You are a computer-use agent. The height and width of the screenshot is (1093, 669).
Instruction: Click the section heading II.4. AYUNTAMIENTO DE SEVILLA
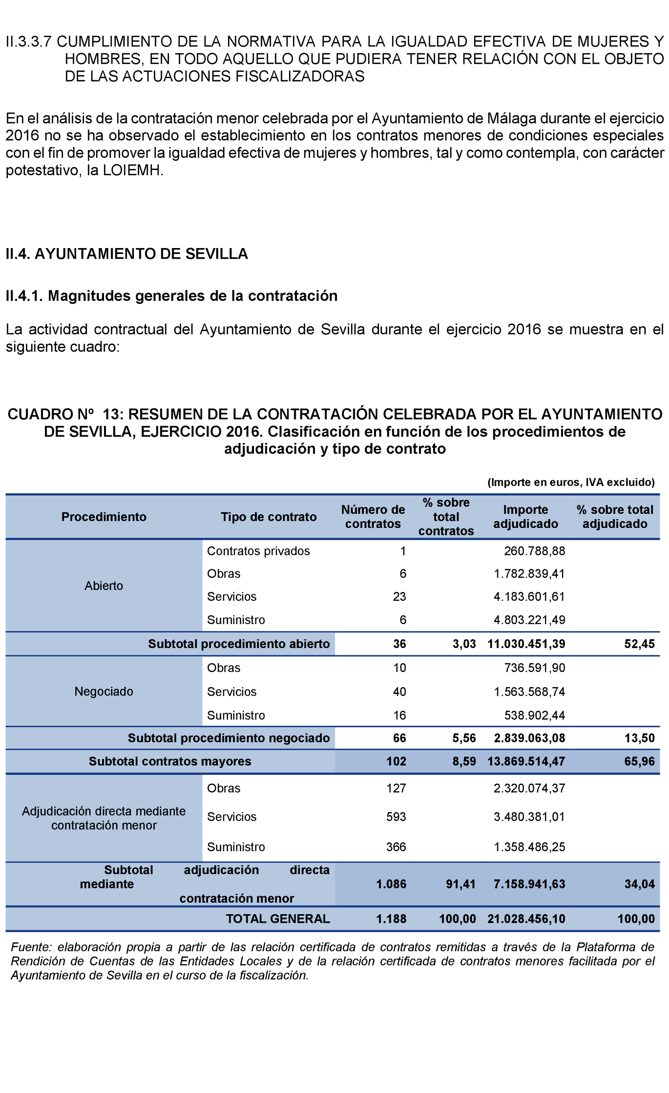pos(126,254)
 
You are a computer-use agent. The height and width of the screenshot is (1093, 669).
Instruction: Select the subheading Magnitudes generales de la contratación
pos(171,296)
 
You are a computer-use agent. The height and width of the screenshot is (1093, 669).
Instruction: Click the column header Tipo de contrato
pos(269,517)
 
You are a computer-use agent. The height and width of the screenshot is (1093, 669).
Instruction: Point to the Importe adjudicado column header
pos(525,517)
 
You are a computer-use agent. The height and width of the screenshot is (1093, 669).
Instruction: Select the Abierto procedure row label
pos(104,586)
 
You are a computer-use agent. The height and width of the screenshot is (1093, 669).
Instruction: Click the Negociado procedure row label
pos(104,691)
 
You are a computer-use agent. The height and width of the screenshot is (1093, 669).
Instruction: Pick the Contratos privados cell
pos(258,551)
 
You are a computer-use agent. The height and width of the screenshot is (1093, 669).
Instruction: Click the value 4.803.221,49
pos(529,620)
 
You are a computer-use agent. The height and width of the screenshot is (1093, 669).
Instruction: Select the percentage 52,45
pos(639,644)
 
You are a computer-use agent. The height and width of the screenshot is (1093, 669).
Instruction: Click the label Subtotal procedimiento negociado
pos(228,738)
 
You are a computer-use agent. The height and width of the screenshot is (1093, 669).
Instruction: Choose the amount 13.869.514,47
pos(526,761)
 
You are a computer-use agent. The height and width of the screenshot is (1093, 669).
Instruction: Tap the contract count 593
pos(396,817)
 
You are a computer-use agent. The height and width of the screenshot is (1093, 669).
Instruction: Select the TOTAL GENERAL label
pos(278,919)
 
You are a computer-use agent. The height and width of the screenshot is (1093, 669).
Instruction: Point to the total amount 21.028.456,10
pos(526,919)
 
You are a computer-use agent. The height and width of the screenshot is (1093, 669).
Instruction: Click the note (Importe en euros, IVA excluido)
pos(571,482)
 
